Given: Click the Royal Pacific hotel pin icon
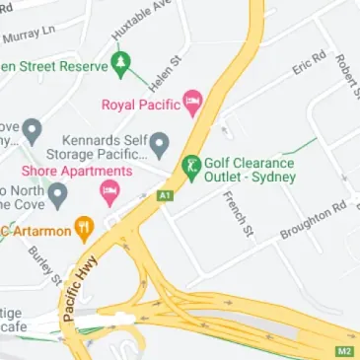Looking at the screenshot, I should coord(193,102).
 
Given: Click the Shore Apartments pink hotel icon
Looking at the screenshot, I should coord(110,188).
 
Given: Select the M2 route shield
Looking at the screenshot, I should coord(343,350).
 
